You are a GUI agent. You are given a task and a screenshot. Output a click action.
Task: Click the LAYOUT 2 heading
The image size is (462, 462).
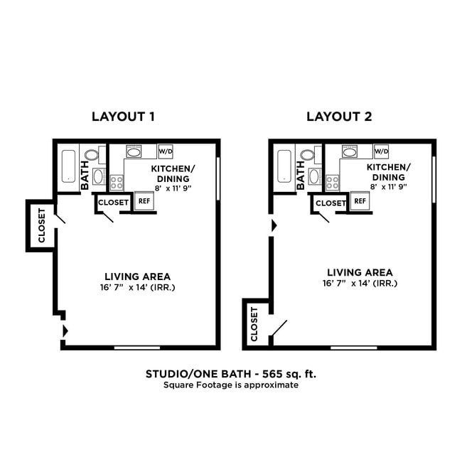coord(339,117)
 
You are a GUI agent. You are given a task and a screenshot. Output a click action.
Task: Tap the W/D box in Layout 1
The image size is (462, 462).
coord(166,151)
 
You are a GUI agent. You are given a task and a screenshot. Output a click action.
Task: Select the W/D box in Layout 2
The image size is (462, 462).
coord(382,151)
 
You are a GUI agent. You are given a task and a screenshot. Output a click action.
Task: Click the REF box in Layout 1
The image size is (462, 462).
coord(144,201)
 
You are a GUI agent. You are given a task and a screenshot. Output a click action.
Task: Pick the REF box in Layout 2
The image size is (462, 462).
coord(360,201)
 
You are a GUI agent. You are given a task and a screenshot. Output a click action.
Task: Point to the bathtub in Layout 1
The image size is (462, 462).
coord(68,167)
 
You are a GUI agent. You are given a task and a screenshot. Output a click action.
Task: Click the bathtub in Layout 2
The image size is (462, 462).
coord(284,167)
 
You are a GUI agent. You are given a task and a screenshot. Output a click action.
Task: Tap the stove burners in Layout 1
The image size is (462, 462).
coord(117,181)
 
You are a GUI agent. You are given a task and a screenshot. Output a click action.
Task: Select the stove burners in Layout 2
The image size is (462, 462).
coord(333,181)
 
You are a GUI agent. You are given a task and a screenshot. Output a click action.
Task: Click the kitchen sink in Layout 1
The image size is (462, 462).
coord(134,151)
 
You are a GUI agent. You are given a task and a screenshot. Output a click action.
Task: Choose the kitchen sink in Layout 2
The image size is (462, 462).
coord(350,151)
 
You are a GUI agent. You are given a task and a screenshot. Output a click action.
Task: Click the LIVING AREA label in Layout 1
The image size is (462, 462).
coord(137,276)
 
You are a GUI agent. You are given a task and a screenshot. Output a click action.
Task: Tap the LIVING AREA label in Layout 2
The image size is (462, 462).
coord(359,272)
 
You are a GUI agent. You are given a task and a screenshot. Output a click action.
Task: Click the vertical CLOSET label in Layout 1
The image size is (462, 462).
coord(41,225)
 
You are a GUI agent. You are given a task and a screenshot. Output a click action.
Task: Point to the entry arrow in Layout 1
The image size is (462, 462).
coord(66,331)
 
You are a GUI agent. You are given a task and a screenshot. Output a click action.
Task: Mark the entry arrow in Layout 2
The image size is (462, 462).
coord(273,226)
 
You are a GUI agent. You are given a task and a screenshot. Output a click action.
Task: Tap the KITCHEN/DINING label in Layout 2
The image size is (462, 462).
coord(387,172)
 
